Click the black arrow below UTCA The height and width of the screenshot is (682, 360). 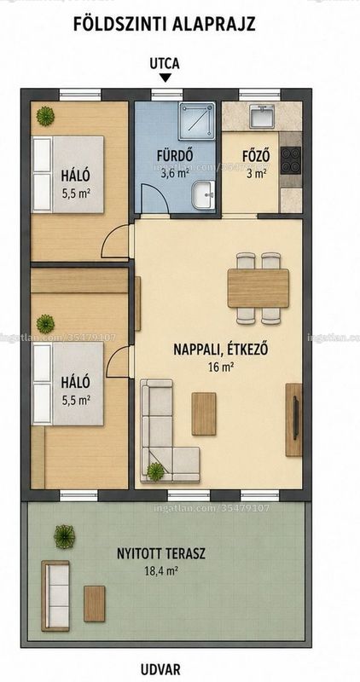point(165,78)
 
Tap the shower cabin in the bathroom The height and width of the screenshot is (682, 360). point(197,121)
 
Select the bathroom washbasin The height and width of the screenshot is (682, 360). point(204,195)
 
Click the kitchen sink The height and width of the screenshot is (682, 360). point(262,116)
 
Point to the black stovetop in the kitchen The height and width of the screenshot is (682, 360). point(291,160)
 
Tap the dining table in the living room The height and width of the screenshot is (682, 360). point(258,288)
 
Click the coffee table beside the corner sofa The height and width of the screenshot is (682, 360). point(204,413)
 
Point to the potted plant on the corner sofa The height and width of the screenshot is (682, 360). point(155,471)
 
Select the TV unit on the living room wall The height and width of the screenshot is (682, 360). point(294,419)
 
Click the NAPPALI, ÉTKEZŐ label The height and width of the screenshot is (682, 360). point(220,350)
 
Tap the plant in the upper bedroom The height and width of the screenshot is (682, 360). point(45,116)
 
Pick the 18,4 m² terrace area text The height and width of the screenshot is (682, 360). point(161,571)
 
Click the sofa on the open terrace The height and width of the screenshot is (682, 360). point(55,595)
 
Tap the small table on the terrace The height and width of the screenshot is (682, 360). point(95,604)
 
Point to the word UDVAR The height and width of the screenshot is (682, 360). point(160,669)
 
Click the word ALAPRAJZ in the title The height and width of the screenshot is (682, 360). point(213,25)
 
